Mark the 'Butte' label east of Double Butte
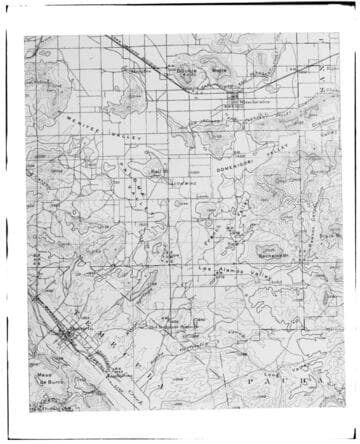[x=220, y=71]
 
